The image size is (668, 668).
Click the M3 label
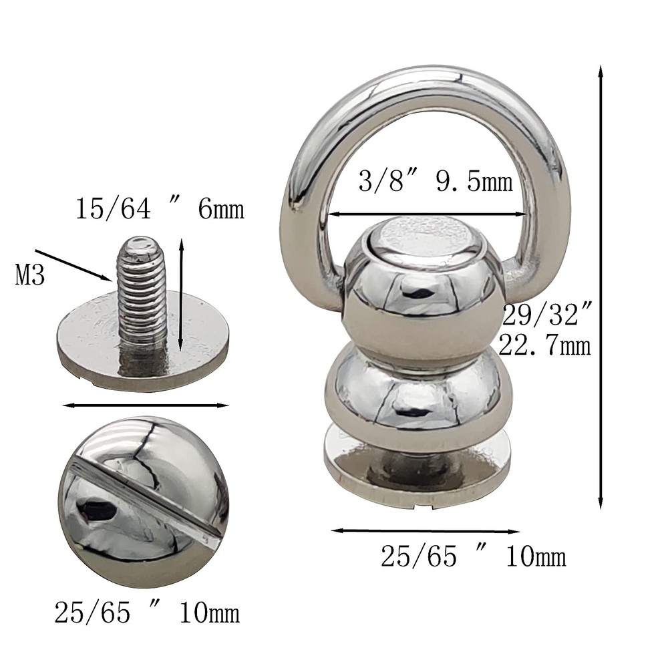(30, 275)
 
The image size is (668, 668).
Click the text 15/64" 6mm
(159, 210)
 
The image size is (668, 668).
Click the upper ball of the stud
(424, 301)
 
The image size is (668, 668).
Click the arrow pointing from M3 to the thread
(73, 265)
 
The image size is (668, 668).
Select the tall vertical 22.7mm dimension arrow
(601, 287)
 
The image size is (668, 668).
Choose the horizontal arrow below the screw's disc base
(145, 405)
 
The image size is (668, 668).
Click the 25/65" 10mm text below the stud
(473, 556)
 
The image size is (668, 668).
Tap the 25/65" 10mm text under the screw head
(146, 611)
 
